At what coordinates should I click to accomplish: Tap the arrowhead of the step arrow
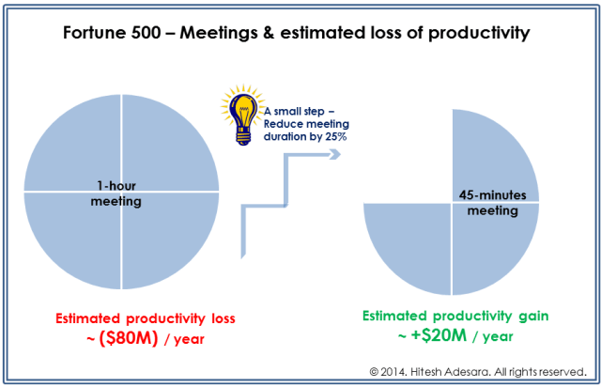coord(331,154)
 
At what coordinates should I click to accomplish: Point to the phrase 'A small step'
coord(295,110)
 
